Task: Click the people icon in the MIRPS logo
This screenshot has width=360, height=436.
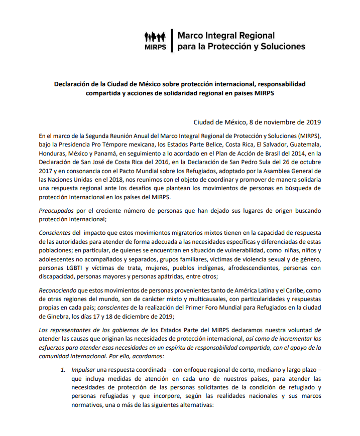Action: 155,37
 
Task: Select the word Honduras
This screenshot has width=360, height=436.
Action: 53,154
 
